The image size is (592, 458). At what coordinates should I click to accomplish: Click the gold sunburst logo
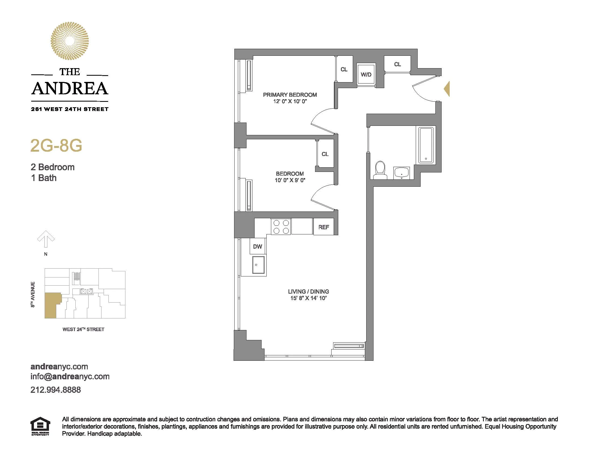coord(70,41)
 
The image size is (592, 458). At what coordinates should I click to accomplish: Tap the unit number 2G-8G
coord(56,146)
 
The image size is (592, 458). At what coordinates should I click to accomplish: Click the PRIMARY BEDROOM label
coord(290,95)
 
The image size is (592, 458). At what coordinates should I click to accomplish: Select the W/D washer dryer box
coord(366,74)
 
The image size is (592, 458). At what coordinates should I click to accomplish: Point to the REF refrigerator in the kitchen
coord(324,227)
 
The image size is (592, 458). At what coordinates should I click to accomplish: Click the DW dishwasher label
coord(258,246)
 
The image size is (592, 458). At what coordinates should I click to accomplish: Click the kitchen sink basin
coord(258,265)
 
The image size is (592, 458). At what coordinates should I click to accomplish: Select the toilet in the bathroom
coord(380,170)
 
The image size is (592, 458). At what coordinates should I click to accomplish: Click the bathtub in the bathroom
coord(426,145)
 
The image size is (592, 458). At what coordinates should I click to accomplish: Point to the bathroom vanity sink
coord(401,173)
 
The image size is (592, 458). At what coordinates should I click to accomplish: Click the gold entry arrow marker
coord(447,89)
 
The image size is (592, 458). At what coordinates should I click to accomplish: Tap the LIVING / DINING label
coord(308,292)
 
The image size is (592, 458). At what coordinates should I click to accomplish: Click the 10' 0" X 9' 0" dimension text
coord(290,180)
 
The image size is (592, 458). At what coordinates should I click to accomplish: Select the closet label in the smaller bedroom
coord(325,154)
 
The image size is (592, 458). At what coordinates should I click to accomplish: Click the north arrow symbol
coord(46,239)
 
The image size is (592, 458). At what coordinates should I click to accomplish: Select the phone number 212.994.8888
coord(56,390)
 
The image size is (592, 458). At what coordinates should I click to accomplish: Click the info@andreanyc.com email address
coord(70,377)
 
